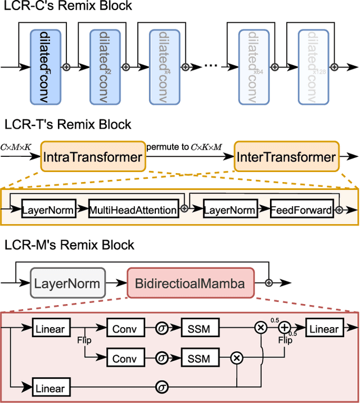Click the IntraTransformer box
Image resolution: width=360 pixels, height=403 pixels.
92,157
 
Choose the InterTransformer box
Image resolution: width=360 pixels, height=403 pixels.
286,157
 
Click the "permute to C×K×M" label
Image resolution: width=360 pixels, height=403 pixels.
184,147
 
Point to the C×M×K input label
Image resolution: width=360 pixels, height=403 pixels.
16,147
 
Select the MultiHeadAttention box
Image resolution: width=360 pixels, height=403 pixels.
133,210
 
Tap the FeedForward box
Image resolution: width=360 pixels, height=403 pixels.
301,210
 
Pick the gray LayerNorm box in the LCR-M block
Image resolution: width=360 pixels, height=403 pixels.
67,283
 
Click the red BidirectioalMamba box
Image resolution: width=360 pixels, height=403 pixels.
191,283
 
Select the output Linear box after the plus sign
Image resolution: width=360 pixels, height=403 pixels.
323,329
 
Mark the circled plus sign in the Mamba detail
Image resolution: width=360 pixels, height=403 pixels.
285,329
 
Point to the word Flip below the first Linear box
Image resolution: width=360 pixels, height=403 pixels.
84,340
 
